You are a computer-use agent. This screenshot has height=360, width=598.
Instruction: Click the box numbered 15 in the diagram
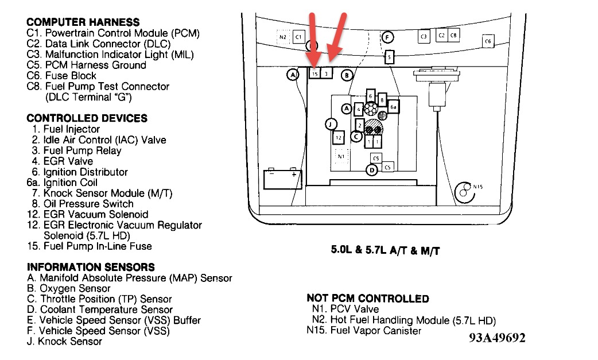point(315,73)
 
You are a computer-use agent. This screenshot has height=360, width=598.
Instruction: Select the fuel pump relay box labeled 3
point(326,73)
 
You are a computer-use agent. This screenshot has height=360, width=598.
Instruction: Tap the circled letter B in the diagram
point(346,75)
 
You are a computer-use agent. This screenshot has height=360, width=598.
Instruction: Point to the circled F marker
point(387,38)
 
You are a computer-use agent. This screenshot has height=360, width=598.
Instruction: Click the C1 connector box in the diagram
point(298,37)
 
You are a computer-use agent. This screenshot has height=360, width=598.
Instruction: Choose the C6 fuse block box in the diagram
point(487,41)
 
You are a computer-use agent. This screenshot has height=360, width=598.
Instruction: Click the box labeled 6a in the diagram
point(393,107)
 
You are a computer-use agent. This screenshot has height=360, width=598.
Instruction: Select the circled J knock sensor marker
point(329,123)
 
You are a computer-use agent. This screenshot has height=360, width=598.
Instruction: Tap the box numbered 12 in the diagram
point(339,138)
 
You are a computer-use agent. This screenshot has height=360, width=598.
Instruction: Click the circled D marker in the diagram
point(372,169)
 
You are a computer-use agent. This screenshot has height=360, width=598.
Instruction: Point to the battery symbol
point(283,179)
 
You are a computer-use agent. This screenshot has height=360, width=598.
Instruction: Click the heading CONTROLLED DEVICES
point(87,118)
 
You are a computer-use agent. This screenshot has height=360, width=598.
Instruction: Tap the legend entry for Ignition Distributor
point(80,172)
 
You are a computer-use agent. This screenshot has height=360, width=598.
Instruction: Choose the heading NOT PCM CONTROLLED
point(368,299)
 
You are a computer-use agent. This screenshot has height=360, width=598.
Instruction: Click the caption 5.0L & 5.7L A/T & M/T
point(385,250)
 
